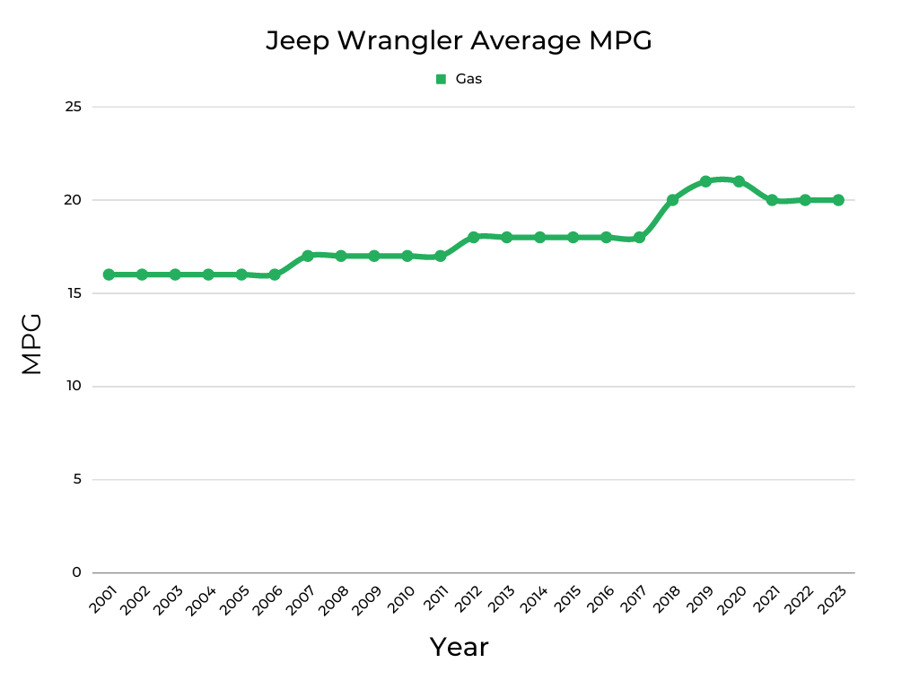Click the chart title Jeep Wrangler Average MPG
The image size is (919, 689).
coord(459,40)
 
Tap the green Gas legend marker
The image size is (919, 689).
coord(441,79)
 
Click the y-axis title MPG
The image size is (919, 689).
coord(31,344)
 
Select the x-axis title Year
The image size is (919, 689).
coord(459,647)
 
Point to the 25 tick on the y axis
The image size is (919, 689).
coord(73,107)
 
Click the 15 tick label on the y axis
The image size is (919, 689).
coord(73,293)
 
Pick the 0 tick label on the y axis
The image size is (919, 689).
coord(76,572)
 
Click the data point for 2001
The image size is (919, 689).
coord(109,275)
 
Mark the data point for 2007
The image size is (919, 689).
coord(308,256)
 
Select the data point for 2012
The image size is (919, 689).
coord(473,237)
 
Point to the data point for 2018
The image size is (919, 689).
coord(672,200)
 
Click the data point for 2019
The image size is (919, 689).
coord(705,181)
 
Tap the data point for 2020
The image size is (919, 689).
coord(739,181)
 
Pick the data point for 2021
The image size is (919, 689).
coord(772,200)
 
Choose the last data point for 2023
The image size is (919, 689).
coord(838,200)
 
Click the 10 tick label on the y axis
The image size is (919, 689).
coord(73,387)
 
